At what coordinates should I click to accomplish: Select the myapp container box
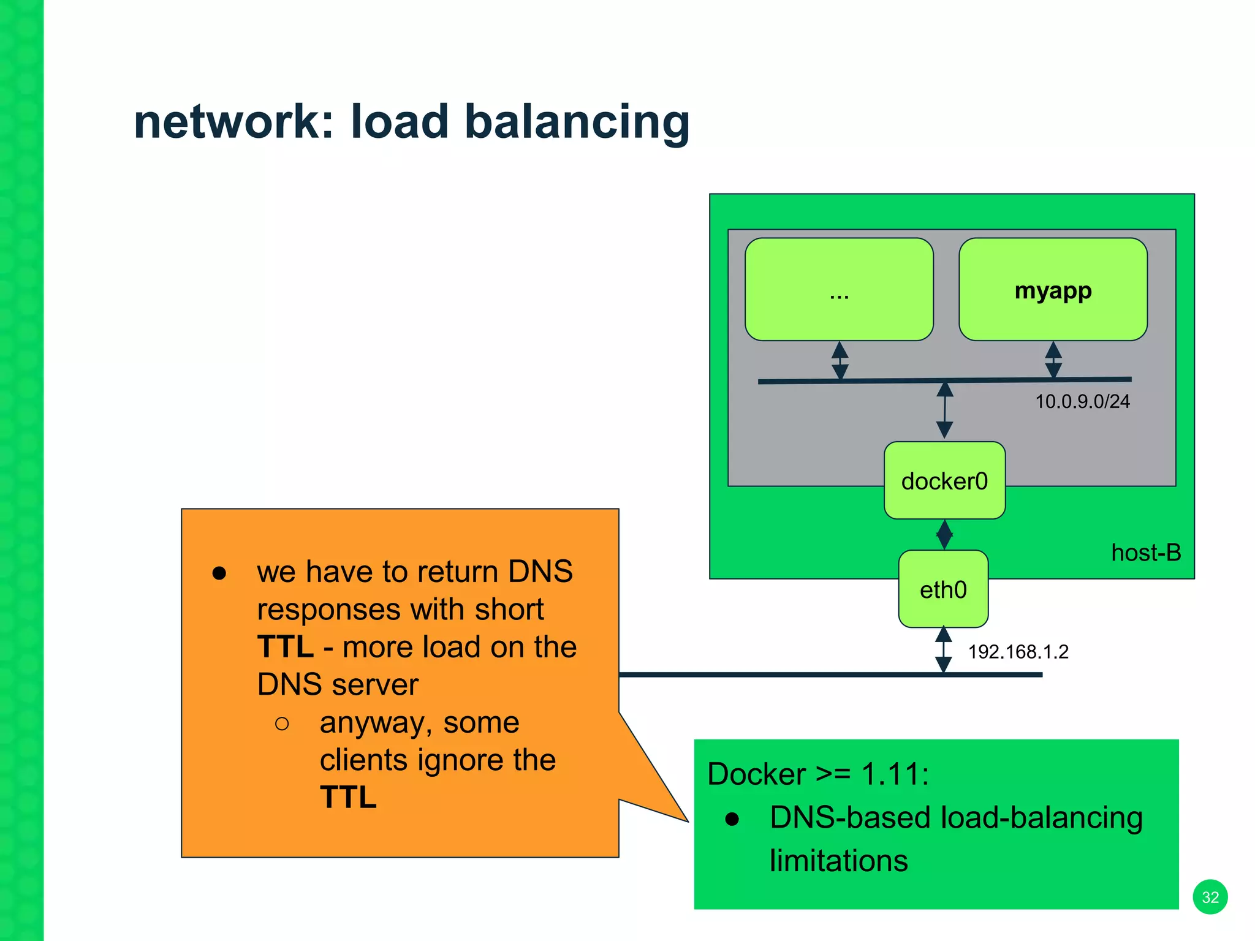(x=1053, y=290)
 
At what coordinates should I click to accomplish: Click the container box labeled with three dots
(x=839, y=290)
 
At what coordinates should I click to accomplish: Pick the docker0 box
(x=944, y=481)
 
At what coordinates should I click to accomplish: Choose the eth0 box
(x=943, y=589)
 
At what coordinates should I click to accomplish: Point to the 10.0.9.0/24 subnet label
(x=1082, y=401)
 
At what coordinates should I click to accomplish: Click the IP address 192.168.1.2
(x=1018, y=651)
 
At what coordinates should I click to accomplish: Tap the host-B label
(x=1146, y=553)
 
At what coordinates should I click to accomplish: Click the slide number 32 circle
(x=1210, y=897)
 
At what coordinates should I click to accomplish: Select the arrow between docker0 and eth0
(x=944, y=535)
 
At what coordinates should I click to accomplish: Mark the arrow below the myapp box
(x=1053, y=360)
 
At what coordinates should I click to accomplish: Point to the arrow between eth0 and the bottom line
(x=944, y=650)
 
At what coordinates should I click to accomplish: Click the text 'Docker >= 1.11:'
(x=818, y=774)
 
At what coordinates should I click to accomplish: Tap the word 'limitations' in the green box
(x=838, y=860)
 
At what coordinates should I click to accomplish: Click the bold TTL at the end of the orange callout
(x=348, y=797)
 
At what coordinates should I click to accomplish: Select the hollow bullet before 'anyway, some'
(x=282, y=724)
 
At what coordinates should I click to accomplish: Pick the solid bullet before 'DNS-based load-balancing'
(x=732, y=819)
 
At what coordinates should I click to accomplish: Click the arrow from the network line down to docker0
(x=945, y=410)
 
